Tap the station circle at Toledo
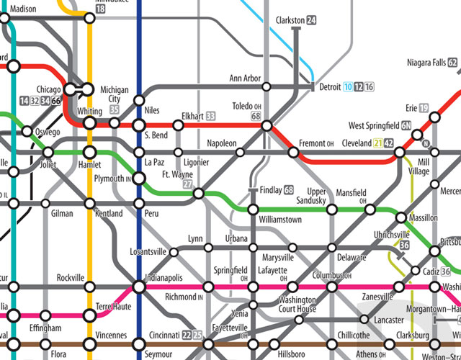267,125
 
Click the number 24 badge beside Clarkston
311,21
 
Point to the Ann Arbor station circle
267,87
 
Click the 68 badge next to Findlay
289,190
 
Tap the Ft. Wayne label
176,174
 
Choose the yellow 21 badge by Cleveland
377,143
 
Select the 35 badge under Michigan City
114,109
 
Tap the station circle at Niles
138,100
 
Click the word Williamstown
281,220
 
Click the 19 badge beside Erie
424,108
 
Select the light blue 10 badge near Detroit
347,87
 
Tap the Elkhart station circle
178,125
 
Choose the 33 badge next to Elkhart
210,116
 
